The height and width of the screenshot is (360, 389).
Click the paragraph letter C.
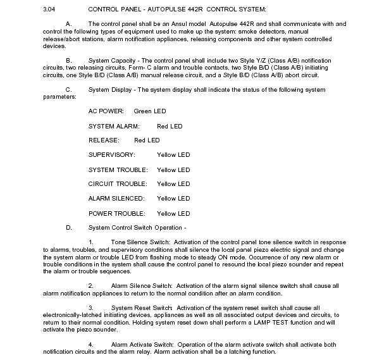point(68,89)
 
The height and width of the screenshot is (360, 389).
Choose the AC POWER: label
point(106,111)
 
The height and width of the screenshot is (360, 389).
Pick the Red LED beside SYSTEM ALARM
point(170,126)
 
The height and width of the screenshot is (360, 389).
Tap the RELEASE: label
point(104,140)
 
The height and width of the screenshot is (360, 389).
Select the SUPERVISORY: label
point(112,154)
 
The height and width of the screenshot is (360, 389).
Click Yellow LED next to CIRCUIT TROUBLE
point(173,184)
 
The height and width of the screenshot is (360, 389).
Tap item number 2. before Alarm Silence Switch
point(92,285)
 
